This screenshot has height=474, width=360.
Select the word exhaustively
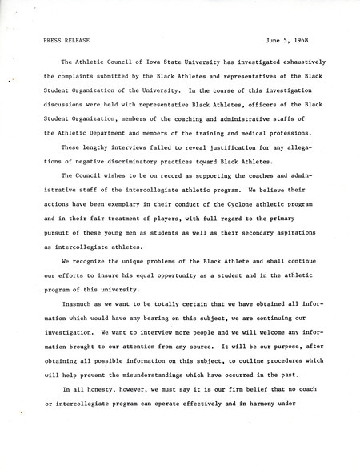click(x=307, y=60)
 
